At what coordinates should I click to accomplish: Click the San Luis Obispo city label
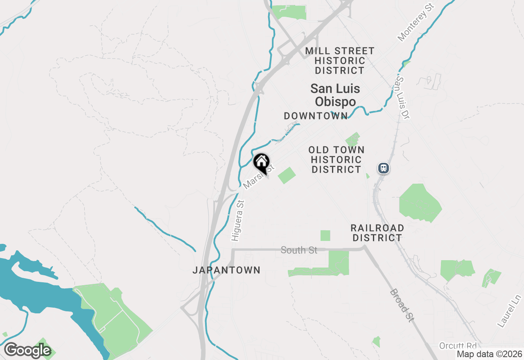point(335,95)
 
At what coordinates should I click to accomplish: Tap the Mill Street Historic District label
point(340,61)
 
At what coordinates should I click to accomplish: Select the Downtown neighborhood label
point(316,116)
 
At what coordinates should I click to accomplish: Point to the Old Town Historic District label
point(336,160)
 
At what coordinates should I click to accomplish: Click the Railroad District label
point(377,232)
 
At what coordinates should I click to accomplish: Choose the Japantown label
point(226,270)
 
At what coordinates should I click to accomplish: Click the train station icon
point(383,168)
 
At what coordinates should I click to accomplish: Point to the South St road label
point(299,250)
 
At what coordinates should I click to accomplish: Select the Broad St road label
point(402,305)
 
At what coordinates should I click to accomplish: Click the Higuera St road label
point(237,220)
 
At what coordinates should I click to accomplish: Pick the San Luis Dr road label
point(403,98)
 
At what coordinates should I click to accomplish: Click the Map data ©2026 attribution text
point(490,354)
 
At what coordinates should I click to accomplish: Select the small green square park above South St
point(325,236)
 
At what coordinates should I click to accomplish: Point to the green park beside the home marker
point(287,175)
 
